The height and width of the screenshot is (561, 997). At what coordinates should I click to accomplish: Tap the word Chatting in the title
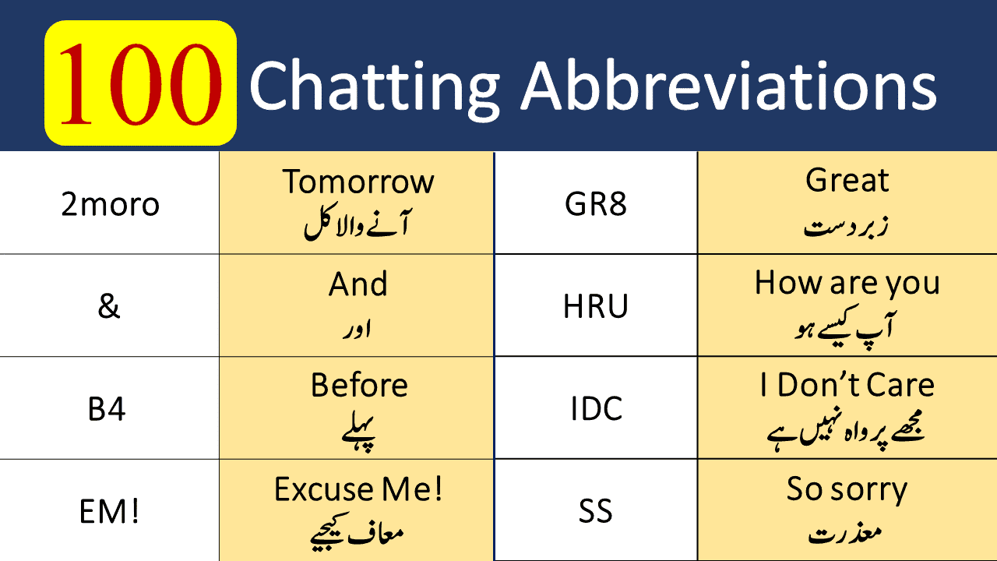click(375, 85)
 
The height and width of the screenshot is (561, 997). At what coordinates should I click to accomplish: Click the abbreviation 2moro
click(110, 204)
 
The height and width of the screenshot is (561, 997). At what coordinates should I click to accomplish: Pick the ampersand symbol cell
click(109, 306)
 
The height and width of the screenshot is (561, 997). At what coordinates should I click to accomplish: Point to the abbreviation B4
click(107, 409)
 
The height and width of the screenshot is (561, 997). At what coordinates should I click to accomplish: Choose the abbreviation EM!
click(109, 513)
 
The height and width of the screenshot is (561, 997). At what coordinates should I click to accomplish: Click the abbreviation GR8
click(596, 204)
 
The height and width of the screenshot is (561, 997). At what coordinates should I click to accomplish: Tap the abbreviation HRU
click(596, 307)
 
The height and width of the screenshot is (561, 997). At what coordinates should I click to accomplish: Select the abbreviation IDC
click(596, 409)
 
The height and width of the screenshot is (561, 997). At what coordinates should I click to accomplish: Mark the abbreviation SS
click(596, 512)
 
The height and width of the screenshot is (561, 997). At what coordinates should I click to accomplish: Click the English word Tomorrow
click(358, 182)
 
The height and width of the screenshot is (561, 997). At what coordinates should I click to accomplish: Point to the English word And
click(358, 284)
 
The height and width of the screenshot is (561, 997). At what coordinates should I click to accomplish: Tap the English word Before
click(358, 386)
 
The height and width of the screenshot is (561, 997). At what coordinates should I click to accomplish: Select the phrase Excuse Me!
click(358, 489)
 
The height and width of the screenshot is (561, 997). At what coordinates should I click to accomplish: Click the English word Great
click(847, 181)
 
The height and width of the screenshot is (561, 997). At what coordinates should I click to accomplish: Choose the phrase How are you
click(847, 283)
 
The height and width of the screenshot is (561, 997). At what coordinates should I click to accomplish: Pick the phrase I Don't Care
click(847, 386)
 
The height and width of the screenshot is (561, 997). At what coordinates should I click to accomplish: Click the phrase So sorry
click(847, 489)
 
